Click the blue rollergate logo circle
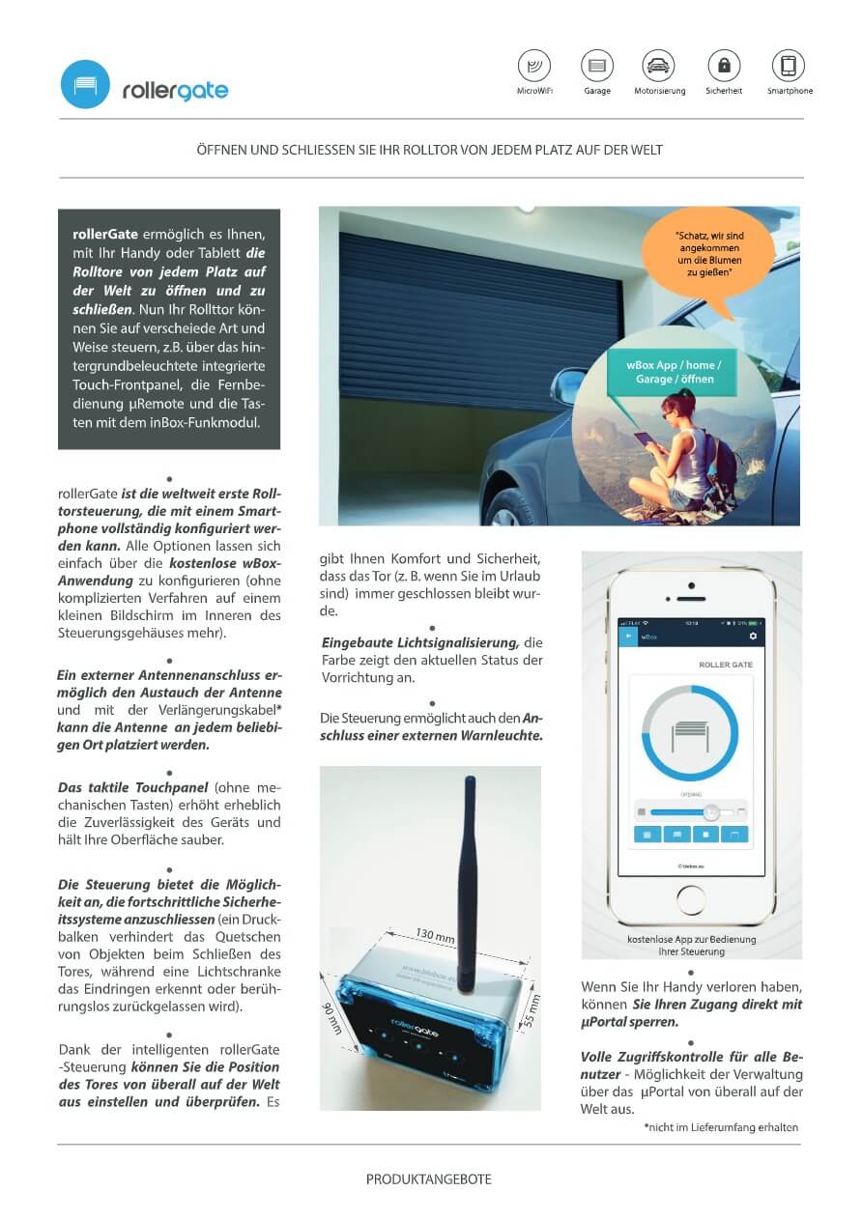coord(85,84)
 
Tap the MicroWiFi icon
coord(534,66)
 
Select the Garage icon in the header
coord(597,66)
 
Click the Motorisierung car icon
coord(659,66)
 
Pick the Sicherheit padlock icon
coord(724,66)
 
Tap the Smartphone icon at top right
coord(789,66)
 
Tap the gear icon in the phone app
coord(753,637)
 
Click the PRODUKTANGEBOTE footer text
coord(429,1179)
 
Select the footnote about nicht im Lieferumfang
coord(721,1127)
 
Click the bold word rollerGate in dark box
coord(105,234)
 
